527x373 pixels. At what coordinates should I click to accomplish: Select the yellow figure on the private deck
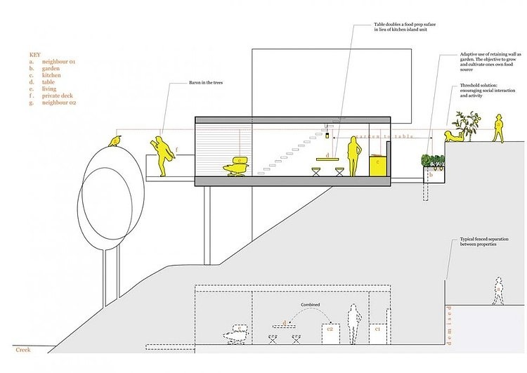pos(162,153)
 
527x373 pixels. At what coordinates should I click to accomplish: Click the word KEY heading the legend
pos(35,54)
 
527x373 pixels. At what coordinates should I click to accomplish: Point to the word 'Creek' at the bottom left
pos(23,349)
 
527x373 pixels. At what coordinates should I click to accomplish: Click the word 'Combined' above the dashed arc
pos(311,304)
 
